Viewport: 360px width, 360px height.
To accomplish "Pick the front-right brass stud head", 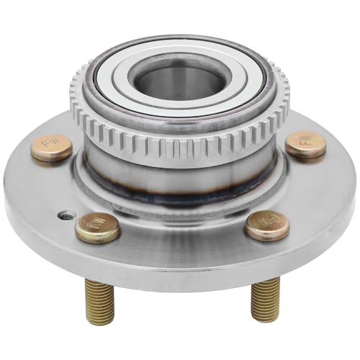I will pos(266,225).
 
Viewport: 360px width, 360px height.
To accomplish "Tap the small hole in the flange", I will pos(66,214).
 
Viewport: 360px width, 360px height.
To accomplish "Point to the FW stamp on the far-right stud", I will pos(307,144).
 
